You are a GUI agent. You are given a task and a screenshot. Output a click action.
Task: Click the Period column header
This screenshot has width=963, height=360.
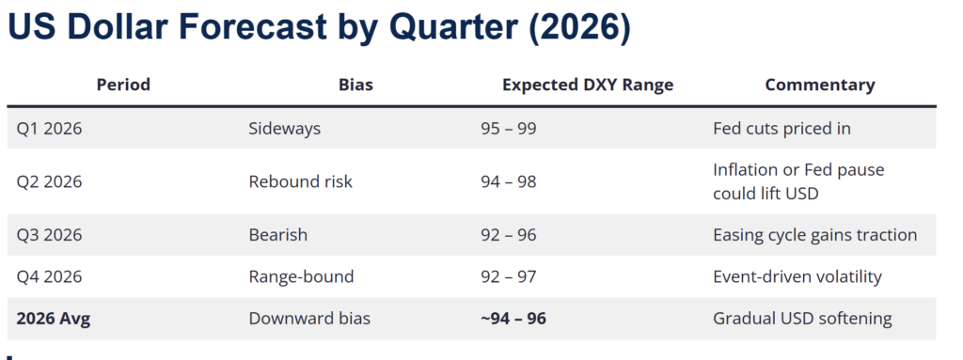(123, 85)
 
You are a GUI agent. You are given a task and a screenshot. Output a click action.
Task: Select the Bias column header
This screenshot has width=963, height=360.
(355, 85)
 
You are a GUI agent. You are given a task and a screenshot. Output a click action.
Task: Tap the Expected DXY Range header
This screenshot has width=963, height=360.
(588, 85)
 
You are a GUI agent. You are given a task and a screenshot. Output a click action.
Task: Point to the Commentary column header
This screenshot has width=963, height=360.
(820, 85)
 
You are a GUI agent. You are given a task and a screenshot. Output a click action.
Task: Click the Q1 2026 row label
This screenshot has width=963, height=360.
(49, 129)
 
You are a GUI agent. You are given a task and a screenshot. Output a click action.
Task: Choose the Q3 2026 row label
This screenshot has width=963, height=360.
(49, 235)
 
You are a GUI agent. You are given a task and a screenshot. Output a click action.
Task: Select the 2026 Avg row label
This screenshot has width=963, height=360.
(54, 319)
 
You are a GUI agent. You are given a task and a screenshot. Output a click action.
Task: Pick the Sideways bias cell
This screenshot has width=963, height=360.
(284, 129)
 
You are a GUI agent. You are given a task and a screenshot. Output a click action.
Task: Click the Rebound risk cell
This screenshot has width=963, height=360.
(300, 181)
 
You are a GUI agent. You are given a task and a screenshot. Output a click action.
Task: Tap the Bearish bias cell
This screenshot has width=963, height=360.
(277, 235)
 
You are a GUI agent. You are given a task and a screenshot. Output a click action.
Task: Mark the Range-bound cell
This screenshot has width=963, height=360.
(301, 276)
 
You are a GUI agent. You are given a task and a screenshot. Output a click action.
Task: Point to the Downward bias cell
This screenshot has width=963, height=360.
(309, 319)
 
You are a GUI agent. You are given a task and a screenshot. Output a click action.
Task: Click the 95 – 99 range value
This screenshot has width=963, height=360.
(509, 129)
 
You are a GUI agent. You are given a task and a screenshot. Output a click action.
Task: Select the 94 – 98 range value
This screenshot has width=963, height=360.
(509, 181)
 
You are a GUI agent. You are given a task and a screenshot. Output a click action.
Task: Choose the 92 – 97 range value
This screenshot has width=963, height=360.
(509, 276)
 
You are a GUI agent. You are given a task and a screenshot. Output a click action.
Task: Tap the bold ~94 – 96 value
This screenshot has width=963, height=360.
(513, 319)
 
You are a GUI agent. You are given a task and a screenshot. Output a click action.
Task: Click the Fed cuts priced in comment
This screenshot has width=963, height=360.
(781, 129)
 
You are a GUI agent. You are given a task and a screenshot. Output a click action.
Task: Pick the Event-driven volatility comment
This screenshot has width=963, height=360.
(797, 276)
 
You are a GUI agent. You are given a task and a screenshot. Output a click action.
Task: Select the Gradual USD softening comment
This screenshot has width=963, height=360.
(802, 319)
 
